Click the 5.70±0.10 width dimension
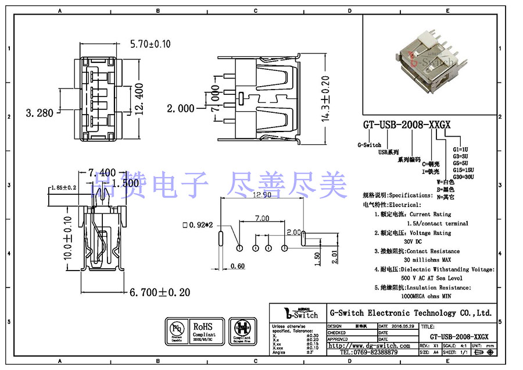tap(150, 44)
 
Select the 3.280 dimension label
tap(39, 112)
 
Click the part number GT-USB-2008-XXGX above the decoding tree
tap(407, 126)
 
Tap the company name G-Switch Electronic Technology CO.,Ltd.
tap(410, 313)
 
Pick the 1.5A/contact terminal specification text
tap(437, 223)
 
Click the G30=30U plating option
tap(463, 177)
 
